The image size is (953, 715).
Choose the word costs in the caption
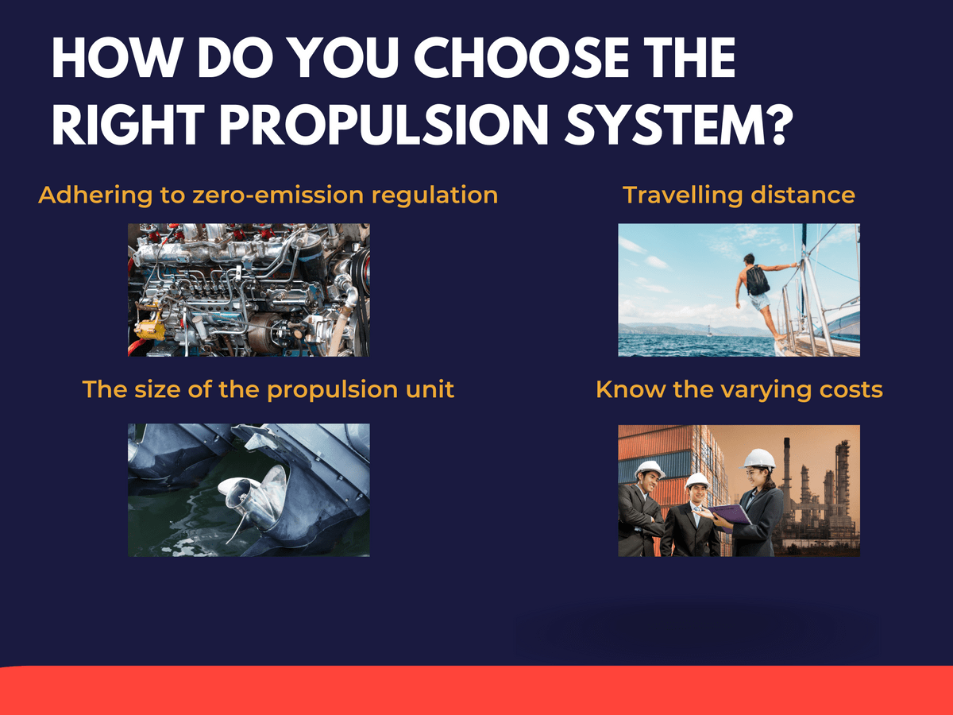852,390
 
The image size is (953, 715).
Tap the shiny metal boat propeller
253,493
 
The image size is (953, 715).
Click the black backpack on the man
758,280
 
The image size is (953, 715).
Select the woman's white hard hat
759,458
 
